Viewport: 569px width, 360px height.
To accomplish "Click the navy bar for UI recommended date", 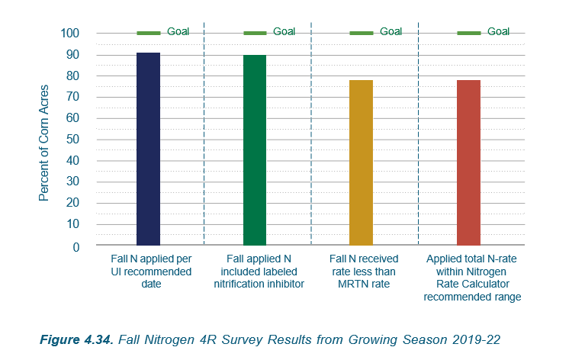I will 149,149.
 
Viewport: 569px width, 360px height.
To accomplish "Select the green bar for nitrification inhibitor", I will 255,150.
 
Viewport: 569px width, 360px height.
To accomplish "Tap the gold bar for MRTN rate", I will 362,163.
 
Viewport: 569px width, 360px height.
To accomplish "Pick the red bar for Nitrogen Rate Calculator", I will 468,163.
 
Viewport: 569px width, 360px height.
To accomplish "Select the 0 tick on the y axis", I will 76,246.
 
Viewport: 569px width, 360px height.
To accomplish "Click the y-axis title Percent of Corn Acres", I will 44,140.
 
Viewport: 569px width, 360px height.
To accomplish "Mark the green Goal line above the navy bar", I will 149,33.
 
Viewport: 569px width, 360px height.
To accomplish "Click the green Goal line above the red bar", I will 468,33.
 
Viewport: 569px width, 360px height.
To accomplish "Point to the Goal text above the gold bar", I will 391,32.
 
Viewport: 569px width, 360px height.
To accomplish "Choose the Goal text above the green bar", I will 284,32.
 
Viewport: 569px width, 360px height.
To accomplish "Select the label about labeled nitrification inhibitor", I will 257,272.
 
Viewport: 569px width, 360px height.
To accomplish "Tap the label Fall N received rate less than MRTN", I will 364,272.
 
